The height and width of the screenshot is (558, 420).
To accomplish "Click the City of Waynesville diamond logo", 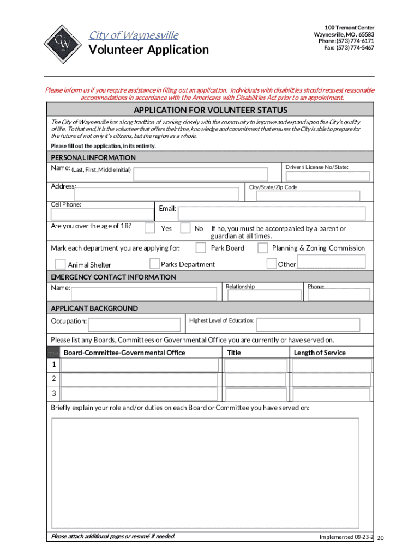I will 62,44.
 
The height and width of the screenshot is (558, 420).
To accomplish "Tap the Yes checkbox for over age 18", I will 151,228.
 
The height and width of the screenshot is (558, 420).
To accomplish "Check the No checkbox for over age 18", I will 185,228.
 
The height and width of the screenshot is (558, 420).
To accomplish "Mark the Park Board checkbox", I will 201,248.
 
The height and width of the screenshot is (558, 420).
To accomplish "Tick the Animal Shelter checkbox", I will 60,264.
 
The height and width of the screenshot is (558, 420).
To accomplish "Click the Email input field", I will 272,213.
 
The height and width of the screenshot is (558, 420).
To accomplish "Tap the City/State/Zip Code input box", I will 304,196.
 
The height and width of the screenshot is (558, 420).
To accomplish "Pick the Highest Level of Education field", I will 308,325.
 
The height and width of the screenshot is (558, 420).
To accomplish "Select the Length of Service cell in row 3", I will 332,394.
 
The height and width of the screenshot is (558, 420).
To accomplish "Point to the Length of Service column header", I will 320,353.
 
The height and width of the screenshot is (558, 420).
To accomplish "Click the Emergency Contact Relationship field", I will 262,295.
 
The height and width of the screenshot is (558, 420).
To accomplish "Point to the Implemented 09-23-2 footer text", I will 347,537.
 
